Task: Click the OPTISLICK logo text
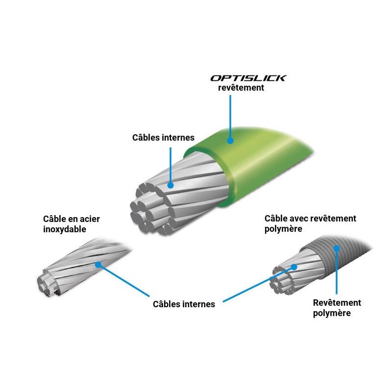click(248, 78)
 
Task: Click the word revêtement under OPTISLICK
click(241, 88)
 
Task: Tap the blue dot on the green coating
click(230, 141)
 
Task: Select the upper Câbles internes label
click(163, 138)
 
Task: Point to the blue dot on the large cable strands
click(171, 185)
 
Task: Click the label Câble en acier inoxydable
click(72, 224)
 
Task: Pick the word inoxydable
click(65, 229)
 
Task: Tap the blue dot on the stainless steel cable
click(98, 264)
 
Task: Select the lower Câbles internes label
click(184, 304)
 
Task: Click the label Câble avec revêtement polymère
click(310, 223)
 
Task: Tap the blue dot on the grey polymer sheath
click(337, 248)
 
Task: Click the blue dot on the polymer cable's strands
click(294, 267)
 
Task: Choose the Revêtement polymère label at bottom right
click(337, 308)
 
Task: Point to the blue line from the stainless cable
click(124, 280)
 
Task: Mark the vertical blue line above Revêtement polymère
click(337, 271)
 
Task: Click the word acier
click(90, 219)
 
